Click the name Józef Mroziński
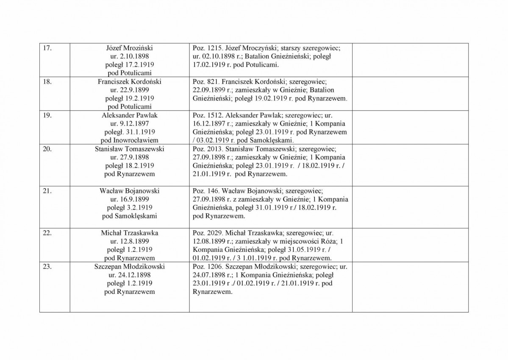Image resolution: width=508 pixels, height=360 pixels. pos(129,48)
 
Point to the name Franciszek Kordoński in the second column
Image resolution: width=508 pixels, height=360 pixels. pos(129,81)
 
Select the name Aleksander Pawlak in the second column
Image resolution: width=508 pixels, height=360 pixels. pos(129,115)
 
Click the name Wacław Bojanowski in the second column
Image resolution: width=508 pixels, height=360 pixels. pos(129,191)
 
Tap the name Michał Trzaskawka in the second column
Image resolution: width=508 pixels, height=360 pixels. pos(129,233)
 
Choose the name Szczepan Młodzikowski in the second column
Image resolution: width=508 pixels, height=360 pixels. pos(129,267)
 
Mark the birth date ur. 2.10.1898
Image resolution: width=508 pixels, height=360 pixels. pos(129,56)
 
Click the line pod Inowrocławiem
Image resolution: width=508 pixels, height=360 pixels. pos(129,140)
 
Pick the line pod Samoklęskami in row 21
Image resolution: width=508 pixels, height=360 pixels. pos(129,216)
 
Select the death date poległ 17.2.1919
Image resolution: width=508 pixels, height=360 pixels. pos(129,64)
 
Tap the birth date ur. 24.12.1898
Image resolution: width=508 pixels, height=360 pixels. pos(129,275)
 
